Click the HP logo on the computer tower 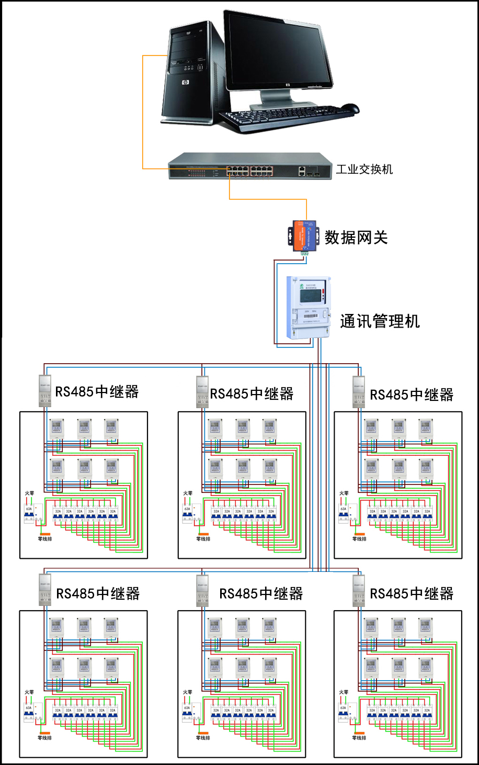[x=185, y=82]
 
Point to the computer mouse [x=350, y=108]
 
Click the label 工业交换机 [x=364, y=169]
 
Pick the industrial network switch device [x=250, y=166]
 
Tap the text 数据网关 [x=356, y=238]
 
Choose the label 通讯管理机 [x=380, y=321]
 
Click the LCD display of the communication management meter [x=309, y=295]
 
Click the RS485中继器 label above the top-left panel [x=97, y=391]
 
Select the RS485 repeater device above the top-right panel [x=359, y=391]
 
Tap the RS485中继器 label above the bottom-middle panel [x=260, y=593]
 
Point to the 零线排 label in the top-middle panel [x=203, y=539]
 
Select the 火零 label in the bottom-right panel [x=344, y=692]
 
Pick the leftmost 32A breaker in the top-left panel [x=58, y=514]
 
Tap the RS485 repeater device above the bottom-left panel [x=45, y=589]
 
